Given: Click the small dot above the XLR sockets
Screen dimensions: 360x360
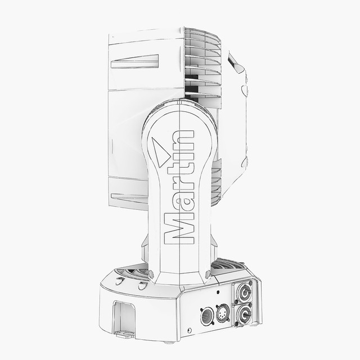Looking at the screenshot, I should [218, 293].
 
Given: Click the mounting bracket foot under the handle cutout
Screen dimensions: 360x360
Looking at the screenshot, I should [125, 335].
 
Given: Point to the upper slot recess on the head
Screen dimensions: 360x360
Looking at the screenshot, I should [134, 61].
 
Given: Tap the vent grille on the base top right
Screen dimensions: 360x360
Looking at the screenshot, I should [228, 266].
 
